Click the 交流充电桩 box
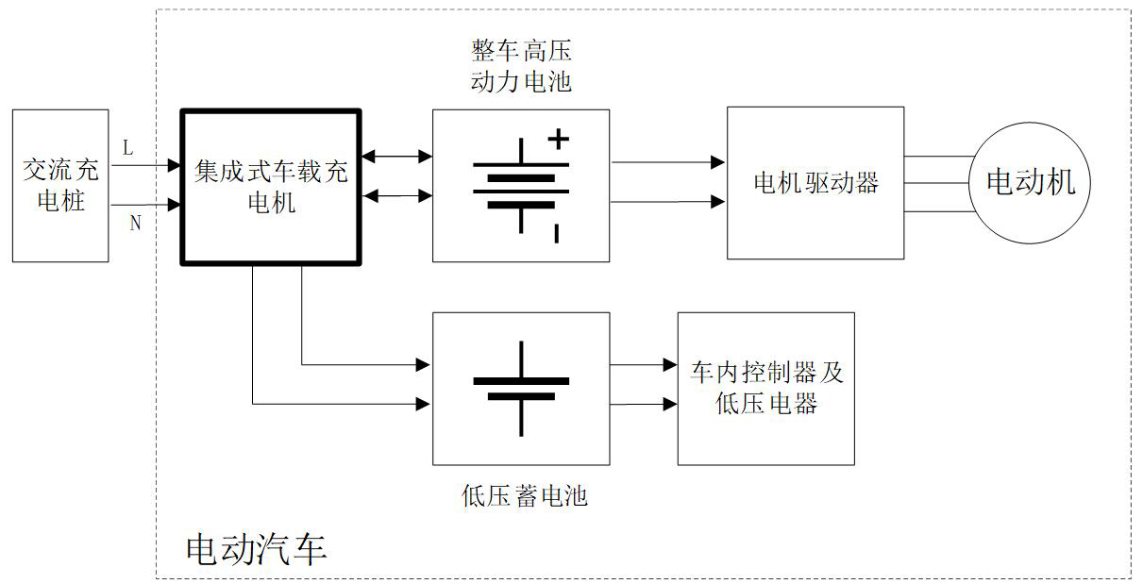(60, 185)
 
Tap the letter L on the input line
(128, 148)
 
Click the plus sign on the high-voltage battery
(559, 140)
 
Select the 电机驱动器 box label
(815, 182)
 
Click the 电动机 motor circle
(1030, 182)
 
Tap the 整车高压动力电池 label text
(521, 65)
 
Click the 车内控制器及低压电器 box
(766, 388)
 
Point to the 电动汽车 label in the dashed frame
(256, 548)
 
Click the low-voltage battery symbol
(521, 388)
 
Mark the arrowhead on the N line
(175, 204)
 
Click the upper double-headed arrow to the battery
(396, 156)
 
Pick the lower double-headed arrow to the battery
(396, 196)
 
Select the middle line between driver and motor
(937, 183)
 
